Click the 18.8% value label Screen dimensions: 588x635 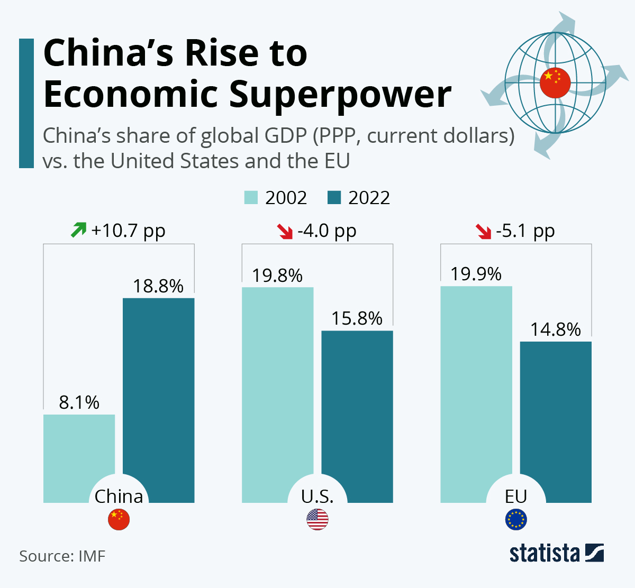pos(158,286)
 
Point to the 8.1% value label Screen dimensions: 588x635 pos(79,402)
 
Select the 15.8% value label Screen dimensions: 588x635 pos(357,318)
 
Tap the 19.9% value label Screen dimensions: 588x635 pos(476,274)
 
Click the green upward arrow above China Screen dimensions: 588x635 pos(78,230)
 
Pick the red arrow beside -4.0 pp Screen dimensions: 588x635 pos(285,231)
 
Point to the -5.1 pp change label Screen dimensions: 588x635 pos(525,231)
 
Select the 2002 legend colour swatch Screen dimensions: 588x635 pos(251,198)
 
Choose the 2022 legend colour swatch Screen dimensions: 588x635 pos(334,198)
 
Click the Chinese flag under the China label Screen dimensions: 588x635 pos(119,520)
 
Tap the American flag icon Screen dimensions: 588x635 pos(317,520)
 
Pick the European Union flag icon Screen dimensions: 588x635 pos(516,520)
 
